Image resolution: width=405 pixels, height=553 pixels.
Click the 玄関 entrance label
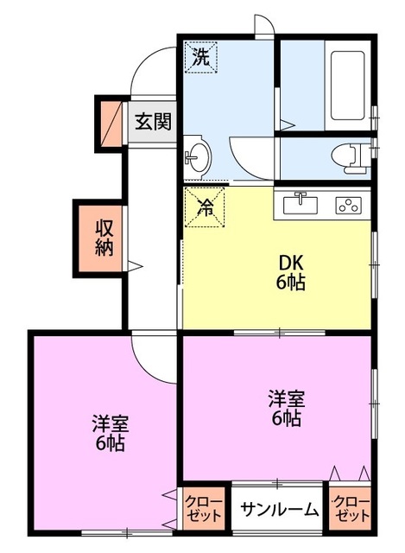click(x=152, y=120)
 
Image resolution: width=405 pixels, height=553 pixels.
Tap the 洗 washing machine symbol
click(x=200, y=59)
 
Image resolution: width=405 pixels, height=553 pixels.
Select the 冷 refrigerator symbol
click(x=205, y=207)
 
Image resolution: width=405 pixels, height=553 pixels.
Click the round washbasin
click(x=197, y=157)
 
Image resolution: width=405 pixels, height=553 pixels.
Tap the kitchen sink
click(x=301, y=204)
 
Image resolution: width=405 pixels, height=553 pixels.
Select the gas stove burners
click(x=350, y=206)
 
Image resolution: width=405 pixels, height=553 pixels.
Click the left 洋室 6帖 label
click(x=110, y=435)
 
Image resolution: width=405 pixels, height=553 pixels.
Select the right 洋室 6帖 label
click(x=284, y=409)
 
